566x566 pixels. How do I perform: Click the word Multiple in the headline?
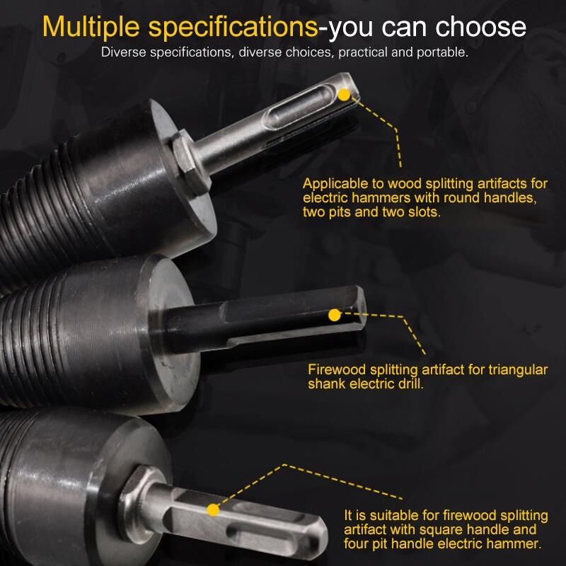pyautogui.click(x=91, y=27)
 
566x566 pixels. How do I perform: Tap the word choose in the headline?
pyautogui.click(x=480, y=27)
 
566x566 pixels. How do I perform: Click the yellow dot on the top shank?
pyautogui.click(x=344, y=95)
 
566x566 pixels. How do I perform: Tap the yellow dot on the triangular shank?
pyautogui.click(x=335, y=315)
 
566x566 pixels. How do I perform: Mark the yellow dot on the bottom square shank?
pyautogui.click(x=213, y=510)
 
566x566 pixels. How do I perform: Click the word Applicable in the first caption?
pyautogui.click(x=334, y=184)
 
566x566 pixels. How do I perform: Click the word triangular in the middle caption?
pyautogui.click(x=518, y=370)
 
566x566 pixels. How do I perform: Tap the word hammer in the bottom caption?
pyautogui.click(x=517, y=543)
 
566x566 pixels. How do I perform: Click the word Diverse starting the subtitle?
pyautogui.click(x=123, y=52)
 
